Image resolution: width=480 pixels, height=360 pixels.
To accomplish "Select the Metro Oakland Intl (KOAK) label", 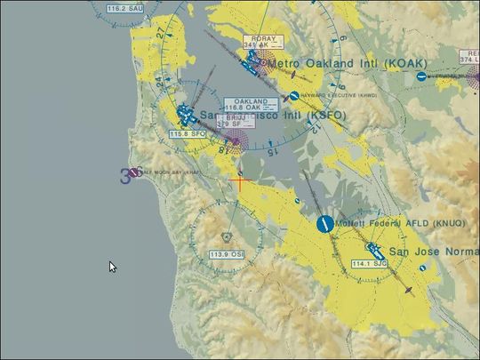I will tap(347, 63).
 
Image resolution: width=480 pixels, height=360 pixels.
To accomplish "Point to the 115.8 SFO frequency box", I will tap(188, 133).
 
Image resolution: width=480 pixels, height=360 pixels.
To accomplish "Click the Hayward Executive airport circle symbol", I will tap(293, 95).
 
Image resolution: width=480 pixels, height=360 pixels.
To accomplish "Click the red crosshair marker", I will tap(238, 181).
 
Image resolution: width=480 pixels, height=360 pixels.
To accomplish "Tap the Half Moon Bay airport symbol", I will tap(134, 172).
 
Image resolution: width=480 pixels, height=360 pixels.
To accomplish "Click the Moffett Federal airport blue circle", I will tap(324, 224).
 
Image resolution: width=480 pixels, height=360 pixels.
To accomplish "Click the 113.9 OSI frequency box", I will tap(227, 254).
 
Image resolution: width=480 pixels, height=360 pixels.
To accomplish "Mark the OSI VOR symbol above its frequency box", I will tap(227, 238).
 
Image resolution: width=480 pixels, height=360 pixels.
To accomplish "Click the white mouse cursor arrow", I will tap(112, 267).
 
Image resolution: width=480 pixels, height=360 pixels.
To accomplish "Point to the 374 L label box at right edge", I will tap(467, 60).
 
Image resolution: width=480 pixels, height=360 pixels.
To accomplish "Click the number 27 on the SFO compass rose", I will tap(159, 33).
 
